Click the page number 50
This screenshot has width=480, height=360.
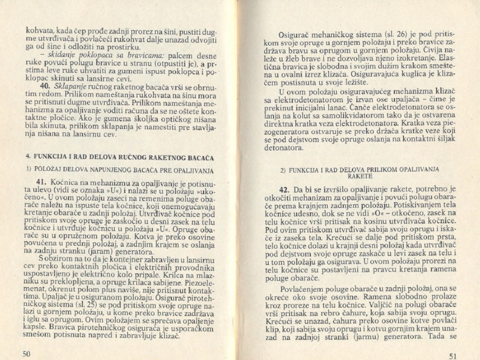click(27, 353)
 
